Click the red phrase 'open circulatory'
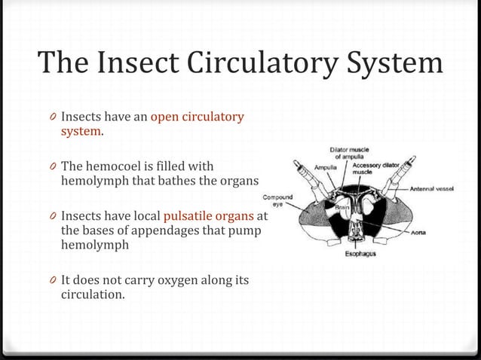tap(198, 117)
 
